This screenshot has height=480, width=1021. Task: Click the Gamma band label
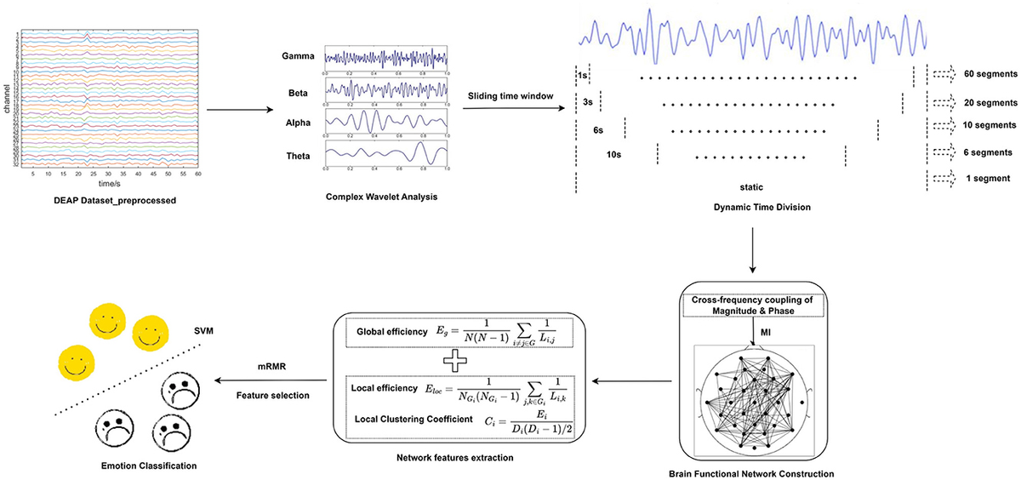point(298,57)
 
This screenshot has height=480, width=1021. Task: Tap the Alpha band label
point(299,123)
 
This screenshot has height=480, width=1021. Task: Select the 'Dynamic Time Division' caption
point(751,207)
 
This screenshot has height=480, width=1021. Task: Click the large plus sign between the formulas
point(454,361)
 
